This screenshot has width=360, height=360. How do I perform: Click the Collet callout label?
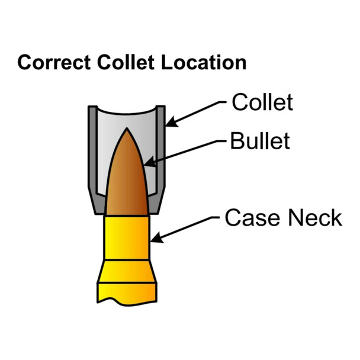coord(262,102)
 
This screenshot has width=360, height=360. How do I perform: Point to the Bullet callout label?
coord(261,142)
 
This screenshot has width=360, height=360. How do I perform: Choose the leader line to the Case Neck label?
coord(189,228)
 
